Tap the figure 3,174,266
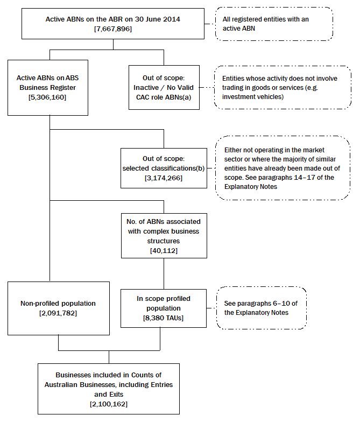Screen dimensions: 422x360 coord(164,177)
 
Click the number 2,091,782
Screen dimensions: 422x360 coord(59,313)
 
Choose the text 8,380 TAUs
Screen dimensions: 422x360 coord(163,318)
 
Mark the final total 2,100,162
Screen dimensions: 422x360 coord(109,403)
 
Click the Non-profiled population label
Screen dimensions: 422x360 coord(59,303)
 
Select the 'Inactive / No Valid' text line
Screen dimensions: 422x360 coord(164,88)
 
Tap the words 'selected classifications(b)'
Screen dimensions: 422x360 coord(164,168)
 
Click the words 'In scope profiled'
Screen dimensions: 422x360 coord(163,299)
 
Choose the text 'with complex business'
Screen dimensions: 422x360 coord(164,231)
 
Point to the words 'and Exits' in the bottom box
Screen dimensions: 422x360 coord(109,394)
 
